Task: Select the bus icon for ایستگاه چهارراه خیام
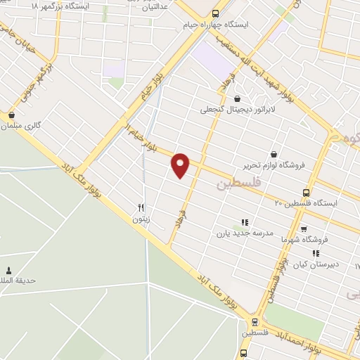tap(214, 13)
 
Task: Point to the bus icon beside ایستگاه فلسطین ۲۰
tap(306, 192)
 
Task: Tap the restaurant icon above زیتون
tap(141, 207)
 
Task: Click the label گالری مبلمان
tap(25, 126)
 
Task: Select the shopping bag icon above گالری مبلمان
tap(11, 114)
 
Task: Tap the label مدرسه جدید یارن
tap(243, 233)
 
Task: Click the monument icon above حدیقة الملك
tap(8, 270)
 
